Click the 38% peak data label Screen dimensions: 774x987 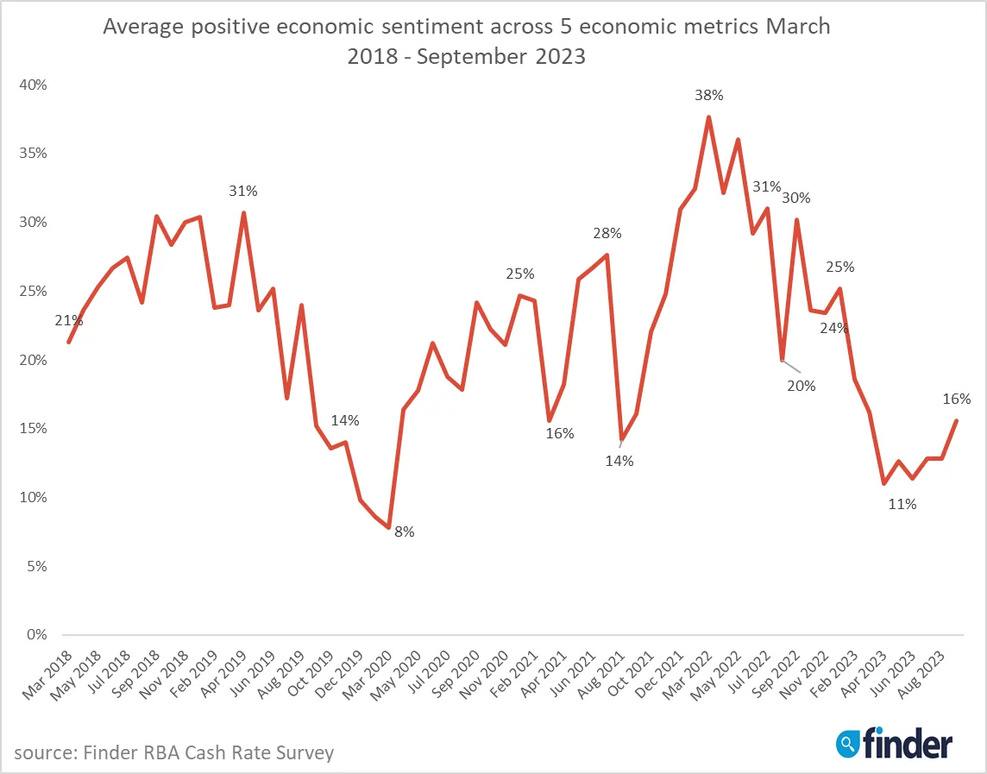tap(708, 96)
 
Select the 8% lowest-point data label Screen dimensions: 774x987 tap(405, 532)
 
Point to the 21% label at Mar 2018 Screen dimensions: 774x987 tap(69, 321)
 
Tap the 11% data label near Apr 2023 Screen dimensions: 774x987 tap(902, 505)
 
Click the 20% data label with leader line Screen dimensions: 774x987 tap(801, 386)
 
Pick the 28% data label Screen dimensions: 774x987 tap(607, 233)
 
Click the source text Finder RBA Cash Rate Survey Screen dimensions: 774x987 tap(173, 752)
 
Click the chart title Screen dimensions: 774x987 tap(466, 41)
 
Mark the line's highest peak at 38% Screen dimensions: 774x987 tap(708, 117)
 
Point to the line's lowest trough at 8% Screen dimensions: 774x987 tap(389, 527)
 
